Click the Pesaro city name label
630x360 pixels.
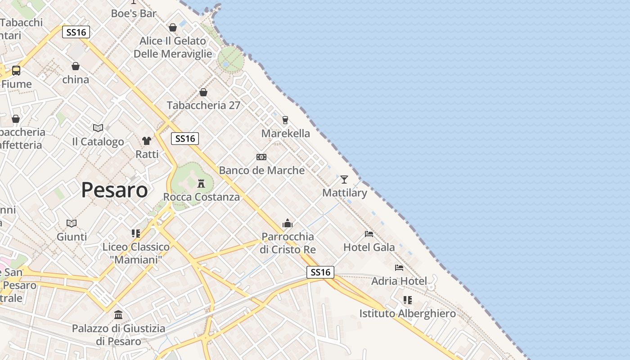pyautogui.click(x=114, y=190)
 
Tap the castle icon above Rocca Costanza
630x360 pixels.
pyautogui.click(x=201, y=184)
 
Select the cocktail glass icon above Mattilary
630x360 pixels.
pyautogui.click(x=344, y=180)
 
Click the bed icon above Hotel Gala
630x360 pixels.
pyautogui.click(x=369, y=234)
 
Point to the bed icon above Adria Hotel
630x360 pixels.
pyautogui.click(x=399, y=268)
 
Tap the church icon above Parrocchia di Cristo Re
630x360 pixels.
pyautogui.click(x=288, y=223)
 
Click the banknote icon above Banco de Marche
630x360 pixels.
pyautogui.click(x=261, y=157)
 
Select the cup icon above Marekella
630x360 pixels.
pyautogui.click(x=285, y=120)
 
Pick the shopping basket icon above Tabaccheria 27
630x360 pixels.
pyautogui.click(x=203, y=92)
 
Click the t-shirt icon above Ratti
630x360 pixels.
pyautogui.click(x=147, y=141)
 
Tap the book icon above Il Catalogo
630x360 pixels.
pyautogui.click(x=98, y=128)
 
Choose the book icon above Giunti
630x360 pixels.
pyautogui.click(x=72, y=223)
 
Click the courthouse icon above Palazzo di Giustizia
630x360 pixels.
pyautogui.click(x=118, y=315)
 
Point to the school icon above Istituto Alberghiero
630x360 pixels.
pyautogui.click(x=408, y=300)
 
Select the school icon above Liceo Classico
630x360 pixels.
pyautogui.click(x=136, y=234)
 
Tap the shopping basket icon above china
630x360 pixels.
pyautogui.click(x=76, y=66)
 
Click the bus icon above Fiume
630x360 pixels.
pyautogui.click(x=16, y=71)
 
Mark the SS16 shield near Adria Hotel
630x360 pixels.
pyautogui.click(x=320, y=272)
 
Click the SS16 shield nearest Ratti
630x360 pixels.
pyautogui.click(x=185, y=139)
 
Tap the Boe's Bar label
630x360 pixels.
pyautogui.click(x=134, y=13)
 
